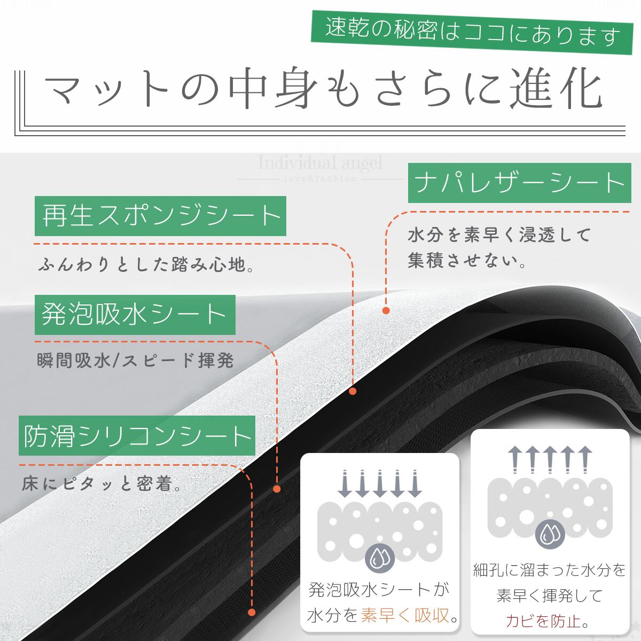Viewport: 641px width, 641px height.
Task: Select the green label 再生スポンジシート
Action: tap(161, 216)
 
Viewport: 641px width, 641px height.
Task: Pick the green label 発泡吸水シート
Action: tap(135, 314)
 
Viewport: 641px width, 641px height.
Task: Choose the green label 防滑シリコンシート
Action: tap(137, 436)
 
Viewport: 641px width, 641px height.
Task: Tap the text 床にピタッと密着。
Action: tap(101, 484)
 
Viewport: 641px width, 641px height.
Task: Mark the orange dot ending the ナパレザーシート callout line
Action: tap(386, 310)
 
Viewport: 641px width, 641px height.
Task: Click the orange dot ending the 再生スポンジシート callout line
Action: tap(353, 391)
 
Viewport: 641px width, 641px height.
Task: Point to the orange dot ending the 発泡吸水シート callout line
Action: tap(277, 488)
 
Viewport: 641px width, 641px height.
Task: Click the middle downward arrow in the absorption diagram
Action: tap(380, 484)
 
